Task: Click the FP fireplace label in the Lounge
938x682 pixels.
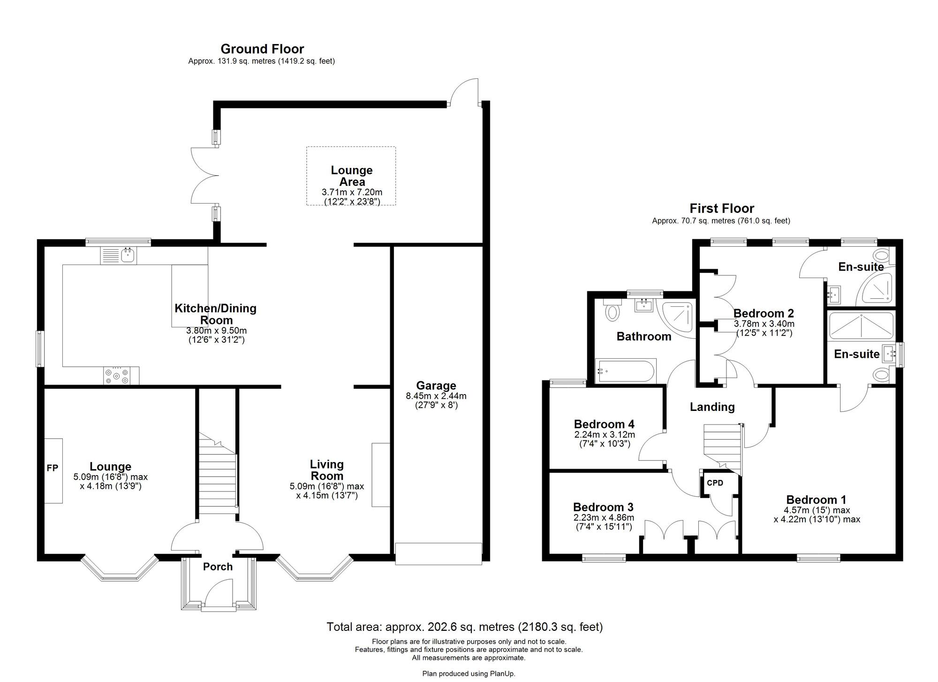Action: (52, 468)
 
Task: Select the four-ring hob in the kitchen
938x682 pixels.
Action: (117, 376)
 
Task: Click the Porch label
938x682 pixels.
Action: (218, 567)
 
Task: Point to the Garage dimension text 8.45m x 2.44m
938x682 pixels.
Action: (436, 396)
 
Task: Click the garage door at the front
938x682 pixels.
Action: (439, 553)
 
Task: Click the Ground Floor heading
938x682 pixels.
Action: (262, 49)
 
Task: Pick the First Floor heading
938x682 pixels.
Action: (721, 208)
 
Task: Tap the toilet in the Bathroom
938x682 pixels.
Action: (612, 311)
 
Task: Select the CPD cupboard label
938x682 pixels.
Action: (715, 483)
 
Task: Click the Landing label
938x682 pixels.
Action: (712, 407)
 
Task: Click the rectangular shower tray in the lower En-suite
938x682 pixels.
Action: (861, 326)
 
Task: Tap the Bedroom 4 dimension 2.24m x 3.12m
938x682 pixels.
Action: (604, 435)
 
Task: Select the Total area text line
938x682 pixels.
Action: (464, 627)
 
